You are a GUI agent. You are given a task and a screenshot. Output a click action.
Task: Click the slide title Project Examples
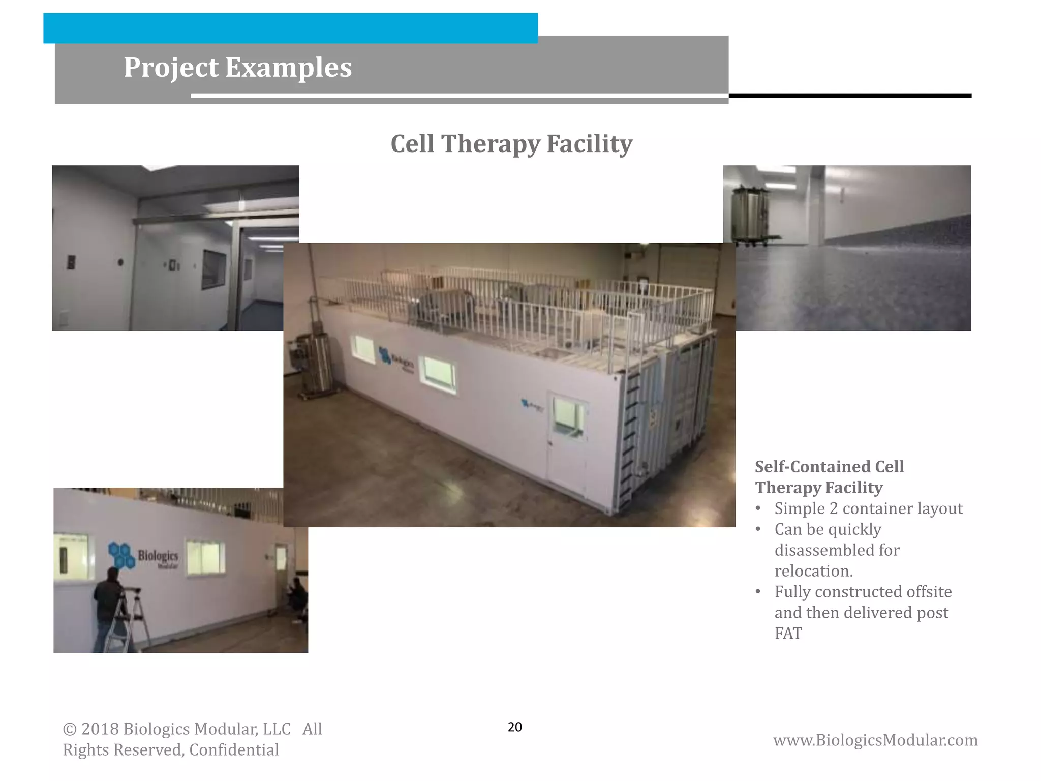click(237, 67)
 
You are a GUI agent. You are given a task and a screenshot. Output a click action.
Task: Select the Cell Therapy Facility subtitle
click(511, 143)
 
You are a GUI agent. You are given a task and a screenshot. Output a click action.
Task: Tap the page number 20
click(514, 727)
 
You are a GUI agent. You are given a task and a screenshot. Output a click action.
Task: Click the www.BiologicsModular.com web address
click(875, 740)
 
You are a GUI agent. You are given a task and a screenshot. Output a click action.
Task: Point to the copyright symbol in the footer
click(69, 730)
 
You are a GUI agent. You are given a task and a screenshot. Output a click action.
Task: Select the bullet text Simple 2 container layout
click(868, 508)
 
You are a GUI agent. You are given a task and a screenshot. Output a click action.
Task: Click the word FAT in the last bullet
click(788, 634)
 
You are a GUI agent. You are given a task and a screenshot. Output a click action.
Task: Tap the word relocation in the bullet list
click(813, 571)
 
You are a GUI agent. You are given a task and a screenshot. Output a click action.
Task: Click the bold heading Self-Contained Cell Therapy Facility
click(830, 477)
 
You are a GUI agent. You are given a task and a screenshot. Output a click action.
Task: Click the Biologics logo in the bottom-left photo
click(143, 556)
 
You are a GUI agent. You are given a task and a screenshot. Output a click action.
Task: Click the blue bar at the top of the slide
click(290, 28)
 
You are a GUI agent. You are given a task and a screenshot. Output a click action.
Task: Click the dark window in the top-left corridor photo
click(214, 269)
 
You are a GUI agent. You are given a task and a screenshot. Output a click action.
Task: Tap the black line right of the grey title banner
click(849, 96)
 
